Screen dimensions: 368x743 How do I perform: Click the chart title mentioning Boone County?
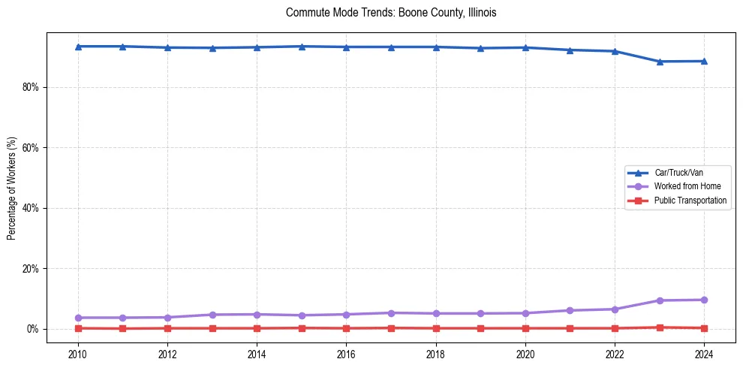click(x=391, y=13)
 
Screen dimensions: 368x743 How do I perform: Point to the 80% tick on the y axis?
click(x=30, y=87)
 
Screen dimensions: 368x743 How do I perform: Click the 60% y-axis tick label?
click(x=30, y=148)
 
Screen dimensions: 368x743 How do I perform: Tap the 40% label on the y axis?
click(x=30, y=208)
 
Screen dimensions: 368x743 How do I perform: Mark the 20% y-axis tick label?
click(x=30, y=269)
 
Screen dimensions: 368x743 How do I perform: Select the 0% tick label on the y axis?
click(x=32, y=329)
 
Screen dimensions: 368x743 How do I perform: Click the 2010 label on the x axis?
click(x=78, y=353)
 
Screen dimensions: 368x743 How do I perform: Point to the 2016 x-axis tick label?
click(x=347, y=353)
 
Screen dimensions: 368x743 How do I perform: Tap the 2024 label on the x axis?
click(x=705, y=353)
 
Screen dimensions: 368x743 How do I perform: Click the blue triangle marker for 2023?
click(x=660, y=62)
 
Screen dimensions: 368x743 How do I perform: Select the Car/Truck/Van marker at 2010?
click(x=78, y=47)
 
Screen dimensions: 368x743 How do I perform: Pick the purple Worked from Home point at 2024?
click(x=705, y=300)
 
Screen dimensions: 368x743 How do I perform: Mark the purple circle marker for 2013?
click(x=212, y=315)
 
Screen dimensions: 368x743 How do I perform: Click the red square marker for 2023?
click(x=660, y=327)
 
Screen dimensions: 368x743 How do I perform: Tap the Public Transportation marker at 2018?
click(x=436, y=328)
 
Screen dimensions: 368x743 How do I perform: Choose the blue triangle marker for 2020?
click(x=525, y=47)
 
